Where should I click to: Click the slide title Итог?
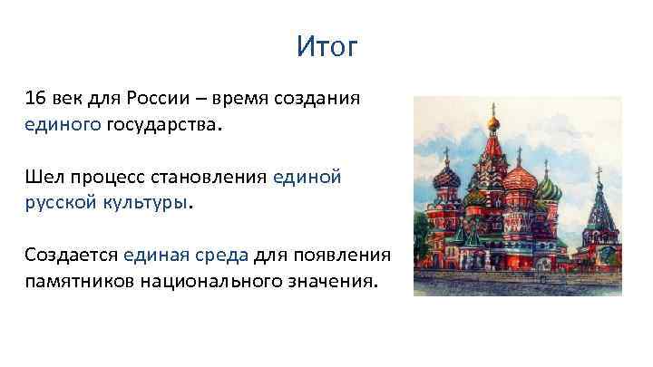(x=326, y=46)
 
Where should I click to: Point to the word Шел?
(x=44, y=177)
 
